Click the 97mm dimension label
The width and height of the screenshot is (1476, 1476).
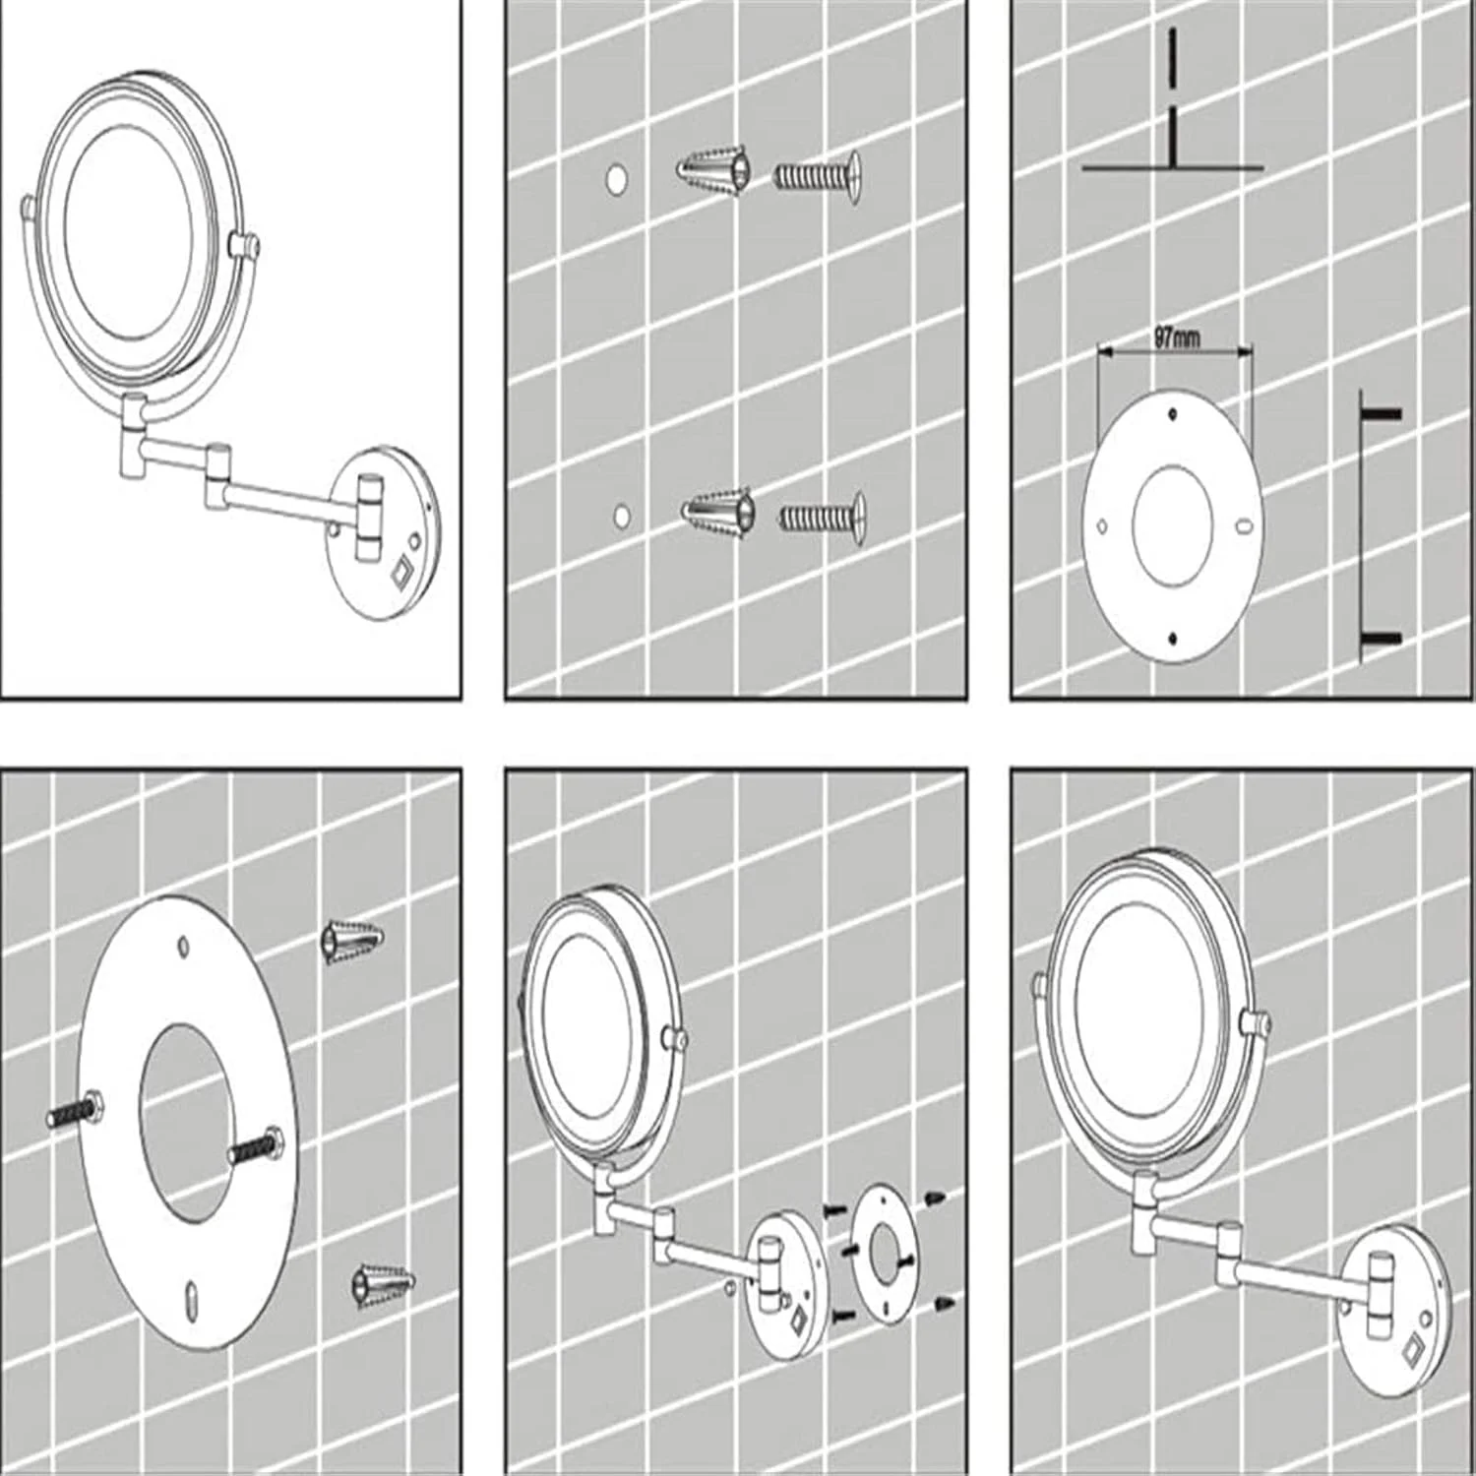tap(1177, 338)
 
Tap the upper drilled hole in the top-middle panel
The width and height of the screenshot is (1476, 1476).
tap(617, 179)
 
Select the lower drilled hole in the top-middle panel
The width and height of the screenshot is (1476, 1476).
tap(621, 516)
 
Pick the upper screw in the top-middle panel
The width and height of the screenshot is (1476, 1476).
tap(818, 177)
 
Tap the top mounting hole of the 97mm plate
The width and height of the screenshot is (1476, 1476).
tap(1172, 414)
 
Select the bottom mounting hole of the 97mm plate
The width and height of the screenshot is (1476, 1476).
tap(1173, 639)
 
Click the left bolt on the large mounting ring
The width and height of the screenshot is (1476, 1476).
tap(76, 1108)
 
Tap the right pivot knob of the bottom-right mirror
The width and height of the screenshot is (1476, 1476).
tap(1257, 1024)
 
